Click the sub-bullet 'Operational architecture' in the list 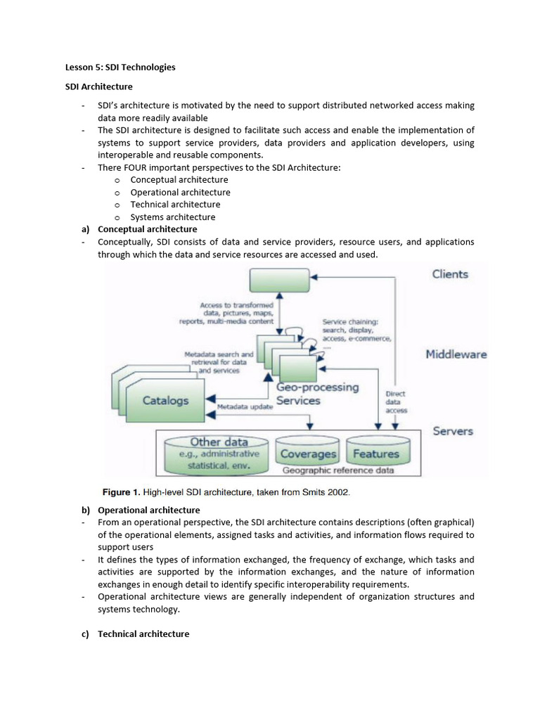click(180, 192)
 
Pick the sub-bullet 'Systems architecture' click(172, 217)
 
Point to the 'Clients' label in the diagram click(449, 274)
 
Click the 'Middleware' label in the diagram click(456, 354)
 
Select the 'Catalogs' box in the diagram click(166, 401)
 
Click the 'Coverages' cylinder click(308, 454)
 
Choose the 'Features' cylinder click(376, 454)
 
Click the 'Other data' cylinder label click(219, 442)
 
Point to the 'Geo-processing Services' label click(316, 394)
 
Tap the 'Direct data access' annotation click(397, 402)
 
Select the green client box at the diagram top click(280, 281)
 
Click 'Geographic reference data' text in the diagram click(337, 470)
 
